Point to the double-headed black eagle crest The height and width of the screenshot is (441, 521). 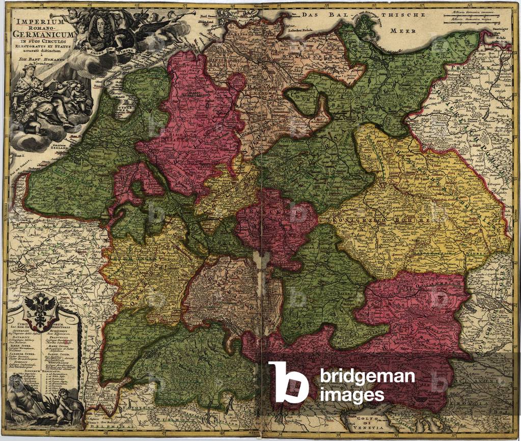point(39,311)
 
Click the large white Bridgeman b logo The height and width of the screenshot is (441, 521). point(288,382)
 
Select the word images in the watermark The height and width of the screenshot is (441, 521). point(351,394)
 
